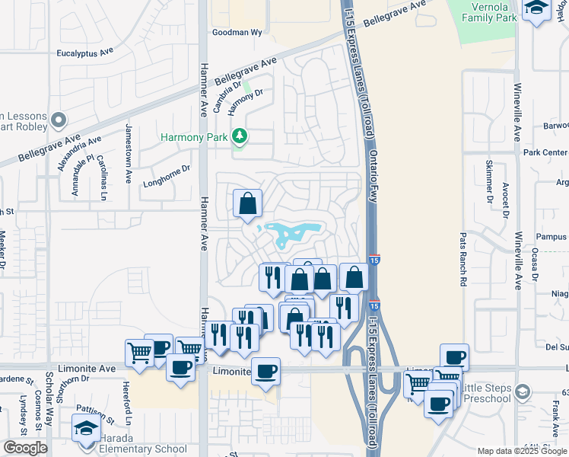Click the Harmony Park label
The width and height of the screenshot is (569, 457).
click(195, 137)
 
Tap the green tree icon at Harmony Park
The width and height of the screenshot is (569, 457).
click(240, 136)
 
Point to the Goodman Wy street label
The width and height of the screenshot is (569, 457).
click(236, 33)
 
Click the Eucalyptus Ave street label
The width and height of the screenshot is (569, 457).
click(85, 54)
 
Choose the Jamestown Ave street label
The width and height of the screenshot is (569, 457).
click(129, 155)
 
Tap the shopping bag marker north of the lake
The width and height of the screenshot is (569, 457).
click(247, 204)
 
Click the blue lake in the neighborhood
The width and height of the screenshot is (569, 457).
click(293, 232)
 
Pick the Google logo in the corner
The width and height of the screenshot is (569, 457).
click(25, 448)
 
